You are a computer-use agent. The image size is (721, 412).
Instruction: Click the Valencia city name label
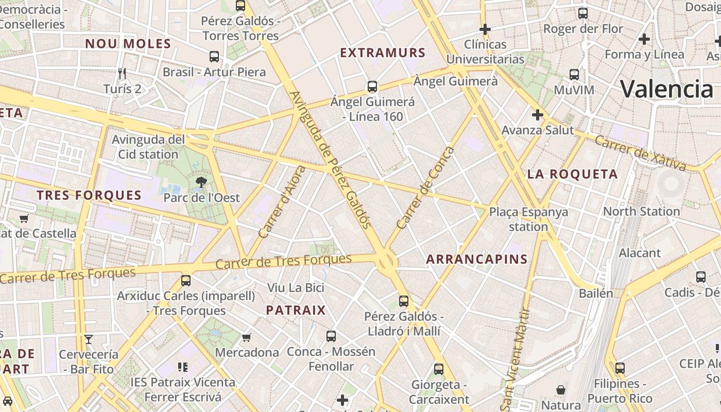coord(666,89)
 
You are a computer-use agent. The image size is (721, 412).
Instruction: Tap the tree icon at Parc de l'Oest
coord(201,182)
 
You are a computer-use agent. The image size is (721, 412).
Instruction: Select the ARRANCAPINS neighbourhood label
coord(477,259)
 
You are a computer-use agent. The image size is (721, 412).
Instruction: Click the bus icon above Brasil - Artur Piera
coord(214,57)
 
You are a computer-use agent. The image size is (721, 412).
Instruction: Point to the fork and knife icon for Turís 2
coord(122,74)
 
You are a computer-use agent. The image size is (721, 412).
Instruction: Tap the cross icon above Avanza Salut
coord(537,114)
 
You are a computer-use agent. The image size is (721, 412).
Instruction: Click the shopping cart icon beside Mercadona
coord(247,337)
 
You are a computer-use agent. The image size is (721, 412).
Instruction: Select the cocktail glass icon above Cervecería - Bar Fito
coord(89,339)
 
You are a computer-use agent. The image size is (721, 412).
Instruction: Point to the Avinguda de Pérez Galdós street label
coord(330,160)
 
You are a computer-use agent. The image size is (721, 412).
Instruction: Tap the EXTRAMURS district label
coord(383,53)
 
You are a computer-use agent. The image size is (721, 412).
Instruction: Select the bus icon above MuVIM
coord(574,75)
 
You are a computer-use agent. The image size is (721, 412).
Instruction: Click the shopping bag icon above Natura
coord(561,389)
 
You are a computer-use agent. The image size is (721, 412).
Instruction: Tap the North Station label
coord(641,211)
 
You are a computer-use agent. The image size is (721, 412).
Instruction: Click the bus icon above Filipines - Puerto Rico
coord(620,368)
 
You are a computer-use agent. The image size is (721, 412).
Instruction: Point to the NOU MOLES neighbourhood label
coord(128,44)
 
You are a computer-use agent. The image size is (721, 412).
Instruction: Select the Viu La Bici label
coord(296,287)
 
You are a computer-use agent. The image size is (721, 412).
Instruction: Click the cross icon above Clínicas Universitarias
coord(485,29)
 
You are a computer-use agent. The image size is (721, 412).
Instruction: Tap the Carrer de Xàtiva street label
coord(640,152)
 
